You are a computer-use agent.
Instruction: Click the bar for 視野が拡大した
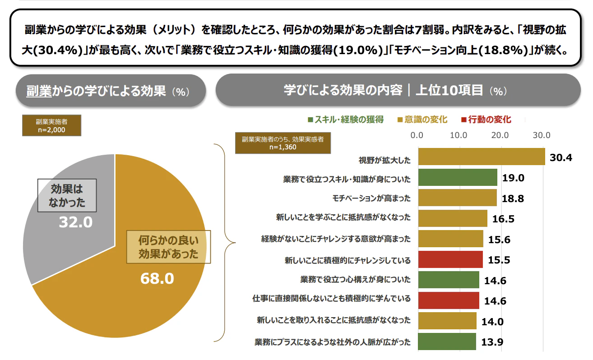(481, 157)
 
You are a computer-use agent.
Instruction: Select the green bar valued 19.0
(457, 177)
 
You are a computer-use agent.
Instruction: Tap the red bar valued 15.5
(450, 259)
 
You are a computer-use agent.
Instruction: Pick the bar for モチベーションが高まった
(457, 198)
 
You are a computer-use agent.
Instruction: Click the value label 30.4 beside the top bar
(561, 157)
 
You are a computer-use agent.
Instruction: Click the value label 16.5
(503, 219)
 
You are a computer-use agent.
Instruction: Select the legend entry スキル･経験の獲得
(345, 120)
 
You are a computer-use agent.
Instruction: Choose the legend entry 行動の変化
(486, 120)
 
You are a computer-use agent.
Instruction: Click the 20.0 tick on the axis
(500, 135)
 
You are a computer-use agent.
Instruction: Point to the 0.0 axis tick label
(417, 135)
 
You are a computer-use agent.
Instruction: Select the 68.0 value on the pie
(157, 278)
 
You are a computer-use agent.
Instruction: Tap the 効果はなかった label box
(67, 195)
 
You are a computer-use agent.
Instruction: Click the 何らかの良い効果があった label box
(168, 247)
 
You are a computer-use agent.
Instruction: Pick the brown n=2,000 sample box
(52, 125)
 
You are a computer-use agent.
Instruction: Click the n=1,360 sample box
(283, 143)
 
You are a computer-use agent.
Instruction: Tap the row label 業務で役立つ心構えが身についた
(355, 280)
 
